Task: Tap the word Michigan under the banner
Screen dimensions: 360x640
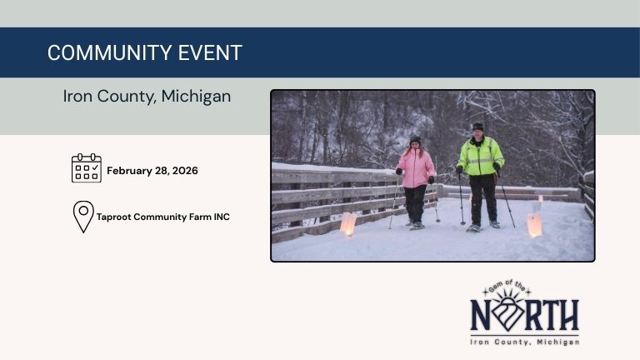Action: click(x=196, y=96)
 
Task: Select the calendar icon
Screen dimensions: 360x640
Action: click(x=86, y=168)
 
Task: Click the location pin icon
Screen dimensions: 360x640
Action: click(x=82, y=216)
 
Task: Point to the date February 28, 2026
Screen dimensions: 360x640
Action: click(x=152, y=171)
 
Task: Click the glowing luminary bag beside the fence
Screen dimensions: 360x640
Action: click(x=347, y=222)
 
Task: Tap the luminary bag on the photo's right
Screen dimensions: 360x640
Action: click(x=534, y=224)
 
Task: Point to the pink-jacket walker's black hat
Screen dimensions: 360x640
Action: click(x=415, y=139)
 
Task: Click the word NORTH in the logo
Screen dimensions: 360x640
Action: click(x=524, y=316)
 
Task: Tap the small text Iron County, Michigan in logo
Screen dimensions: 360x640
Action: click(x=524, y=342)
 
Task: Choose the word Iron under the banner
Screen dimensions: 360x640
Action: click(x=80, y=96)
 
